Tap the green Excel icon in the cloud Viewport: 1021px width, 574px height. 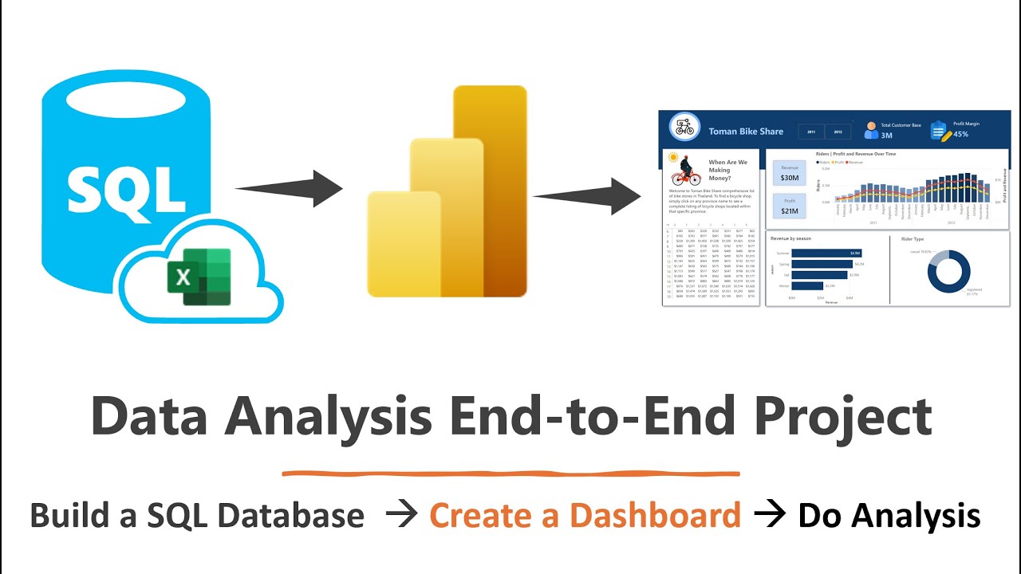(x=199, y=276)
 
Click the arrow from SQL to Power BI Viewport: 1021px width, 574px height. (x=289, y=189)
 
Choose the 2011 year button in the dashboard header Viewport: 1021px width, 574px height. (x=811, y=132)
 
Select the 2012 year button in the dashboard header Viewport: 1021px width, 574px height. (x=838, y=132)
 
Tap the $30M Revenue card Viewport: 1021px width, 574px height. (x=789, y=174)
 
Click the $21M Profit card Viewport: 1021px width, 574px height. (x=789, y=206)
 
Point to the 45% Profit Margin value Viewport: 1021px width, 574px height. (x=960, y=134)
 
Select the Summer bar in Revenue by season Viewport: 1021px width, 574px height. (x=826, y=253)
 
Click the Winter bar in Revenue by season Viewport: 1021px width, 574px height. (x=807, y=285)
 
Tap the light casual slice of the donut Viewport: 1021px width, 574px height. (x=940, y=257)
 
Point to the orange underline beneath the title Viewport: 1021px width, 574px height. (x=510, y=474)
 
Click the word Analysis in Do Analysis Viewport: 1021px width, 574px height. (x=916, y=516)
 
